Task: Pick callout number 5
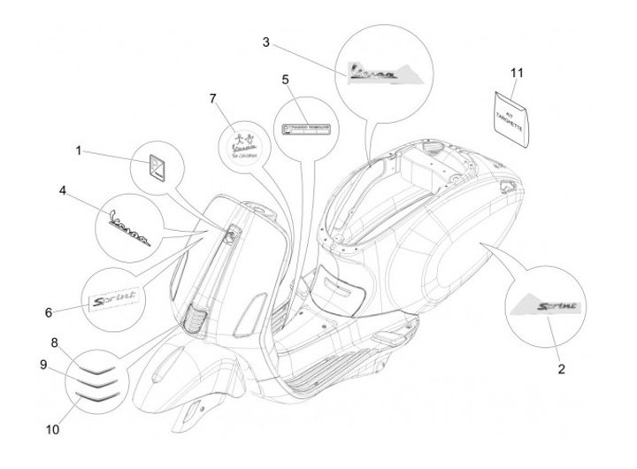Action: pos(286,80)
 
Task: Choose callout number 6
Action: pos(49,311)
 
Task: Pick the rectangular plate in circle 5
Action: pos(305,129)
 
